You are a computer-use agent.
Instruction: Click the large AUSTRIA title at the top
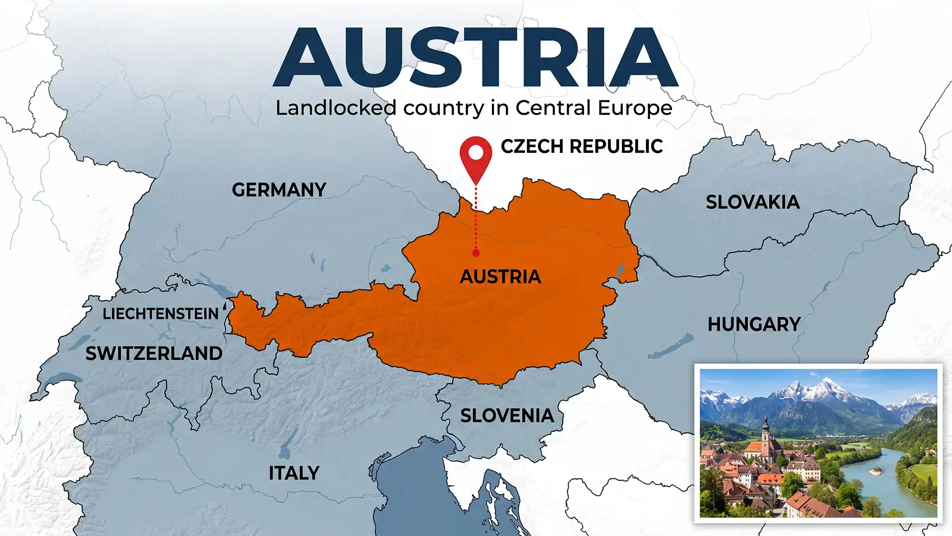click(475, 59)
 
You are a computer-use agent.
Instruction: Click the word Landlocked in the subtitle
click(336, 108)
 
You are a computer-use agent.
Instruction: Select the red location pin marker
click(476, 156)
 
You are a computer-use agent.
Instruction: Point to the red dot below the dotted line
click(476, 253)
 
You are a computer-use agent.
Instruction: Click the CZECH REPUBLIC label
click(581, 146)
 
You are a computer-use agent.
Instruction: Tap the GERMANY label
click(279, 190)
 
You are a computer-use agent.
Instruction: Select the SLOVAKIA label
click(752, 202)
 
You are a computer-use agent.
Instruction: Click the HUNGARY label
click(754, 325)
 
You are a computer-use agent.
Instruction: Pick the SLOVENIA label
click(507, 416)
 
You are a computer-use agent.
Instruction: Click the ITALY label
click(294, 473)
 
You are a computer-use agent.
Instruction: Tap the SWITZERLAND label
click(154, 353)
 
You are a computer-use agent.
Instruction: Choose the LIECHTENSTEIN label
click(160, 314)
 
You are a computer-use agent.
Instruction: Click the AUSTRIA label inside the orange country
click(500, 277)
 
